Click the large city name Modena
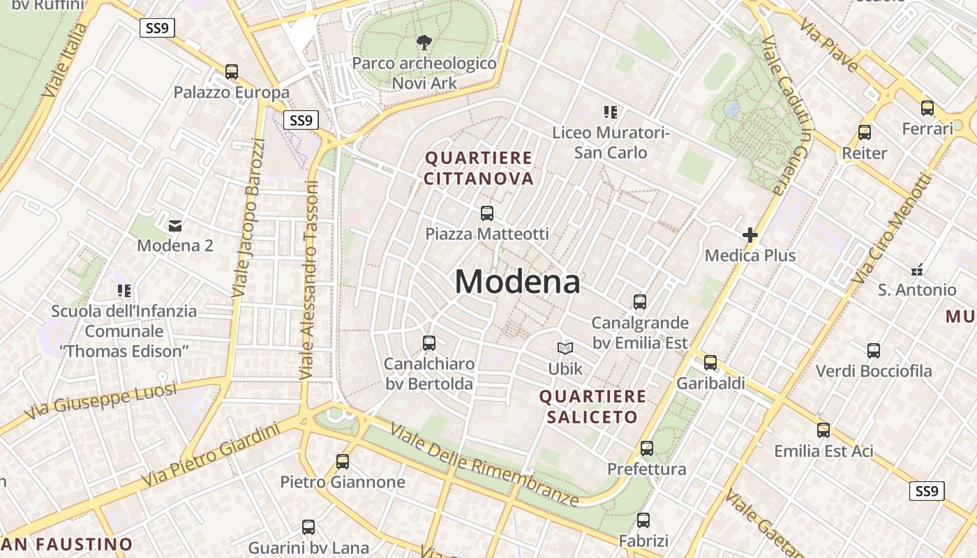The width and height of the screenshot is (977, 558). pos(517,282)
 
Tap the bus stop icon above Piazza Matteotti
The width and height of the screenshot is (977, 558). pos(487,213)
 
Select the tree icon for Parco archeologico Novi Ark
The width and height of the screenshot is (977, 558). pos(424,43)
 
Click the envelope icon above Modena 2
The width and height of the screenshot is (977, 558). pos(175,225)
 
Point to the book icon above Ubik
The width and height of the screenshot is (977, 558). pos(565,348)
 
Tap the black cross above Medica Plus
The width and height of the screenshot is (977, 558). pos(750,235)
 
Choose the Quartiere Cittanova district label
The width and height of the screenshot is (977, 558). pos(479,168)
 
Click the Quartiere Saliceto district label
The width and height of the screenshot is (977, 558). pos(592,407)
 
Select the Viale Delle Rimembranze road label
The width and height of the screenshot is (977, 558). pos(484,465)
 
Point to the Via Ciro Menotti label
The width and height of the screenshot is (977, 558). pos(893,228)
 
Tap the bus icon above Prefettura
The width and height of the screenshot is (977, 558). pos(647,448)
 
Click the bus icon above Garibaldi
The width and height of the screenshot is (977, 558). pos(710,363)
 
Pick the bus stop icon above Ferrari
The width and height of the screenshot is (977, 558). pos(927,108)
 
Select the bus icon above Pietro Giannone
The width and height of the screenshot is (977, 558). pos(342,461)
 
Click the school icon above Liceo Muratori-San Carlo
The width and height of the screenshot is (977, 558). pos(611,112)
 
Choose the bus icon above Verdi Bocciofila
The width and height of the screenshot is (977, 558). pos(874,351)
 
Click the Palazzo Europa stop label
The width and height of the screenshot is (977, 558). pos(231,92)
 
